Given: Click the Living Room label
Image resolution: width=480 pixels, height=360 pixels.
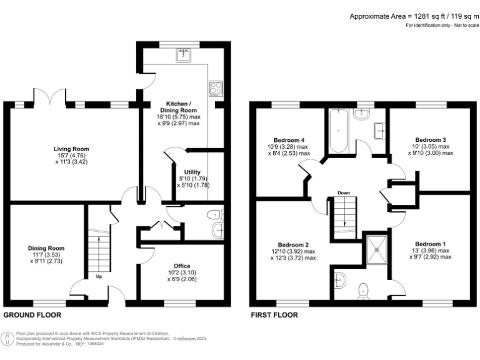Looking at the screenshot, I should coord(71,149).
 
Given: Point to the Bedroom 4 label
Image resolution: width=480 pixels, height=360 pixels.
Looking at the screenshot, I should coord(289,139).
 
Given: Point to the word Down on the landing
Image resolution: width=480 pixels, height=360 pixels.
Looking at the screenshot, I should coord(342,192).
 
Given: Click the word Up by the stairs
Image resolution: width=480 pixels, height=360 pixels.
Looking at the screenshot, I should coord(98,276).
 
